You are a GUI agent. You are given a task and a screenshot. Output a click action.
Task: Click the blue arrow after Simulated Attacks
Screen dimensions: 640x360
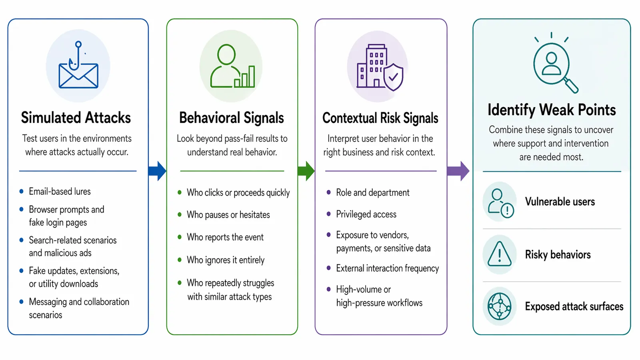(x=158, y=171)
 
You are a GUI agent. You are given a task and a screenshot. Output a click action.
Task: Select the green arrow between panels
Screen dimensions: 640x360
(x=306, y=171)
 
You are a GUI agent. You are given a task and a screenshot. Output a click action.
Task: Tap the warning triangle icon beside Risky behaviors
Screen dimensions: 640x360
(x=500, y=254)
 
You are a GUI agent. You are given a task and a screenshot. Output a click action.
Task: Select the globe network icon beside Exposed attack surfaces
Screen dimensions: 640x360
(x=500, y=306)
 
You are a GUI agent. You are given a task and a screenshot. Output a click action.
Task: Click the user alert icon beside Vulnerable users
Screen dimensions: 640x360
(x=500, y=203)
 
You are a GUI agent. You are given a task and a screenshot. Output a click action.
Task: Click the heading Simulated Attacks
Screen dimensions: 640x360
(x=76, y=118)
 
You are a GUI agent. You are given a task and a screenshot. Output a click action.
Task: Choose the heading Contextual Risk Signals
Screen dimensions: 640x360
(x=380, y=118)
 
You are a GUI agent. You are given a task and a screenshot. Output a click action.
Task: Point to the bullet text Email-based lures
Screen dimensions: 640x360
(x=60, y=192)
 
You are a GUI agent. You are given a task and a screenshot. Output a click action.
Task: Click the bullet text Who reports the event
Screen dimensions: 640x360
(x=225, y=237)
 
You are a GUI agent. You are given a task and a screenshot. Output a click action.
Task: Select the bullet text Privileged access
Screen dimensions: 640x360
(x=366, y=214)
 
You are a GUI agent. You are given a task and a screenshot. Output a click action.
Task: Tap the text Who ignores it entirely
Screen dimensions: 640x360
(x=226, y=260)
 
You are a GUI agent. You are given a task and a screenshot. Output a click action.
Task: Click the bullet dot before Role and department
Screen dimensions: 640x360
(x=328, y=192)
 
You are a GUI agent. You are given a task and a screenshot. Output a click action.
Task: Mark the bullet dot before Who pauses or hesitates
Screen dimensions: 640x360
(x=180, y=214)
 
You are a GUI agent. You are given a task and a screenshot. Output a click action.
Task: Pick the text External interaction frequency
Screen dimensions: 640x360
(x=388, y=268)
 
